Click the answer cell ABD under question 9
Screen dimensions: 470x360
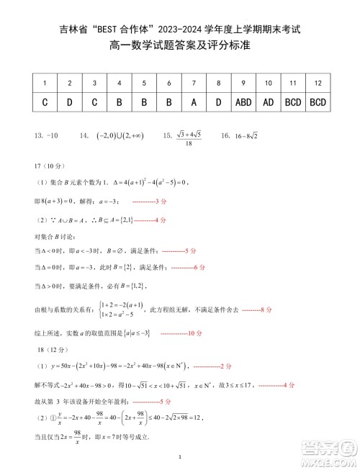[x=244, y=102]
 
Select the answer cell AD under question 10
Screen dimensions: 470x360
[x=269, y=102]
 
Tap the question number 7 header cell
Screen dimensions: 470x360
[x=194, y=83]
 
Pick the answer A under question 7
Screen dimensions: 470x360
[x=194, y=102]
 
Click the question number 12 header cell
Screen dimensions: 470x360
[x=318, y=83]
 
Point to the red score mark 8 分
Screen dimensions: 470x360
[x=257, y=309]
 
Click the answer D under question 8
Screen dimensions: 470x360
[x=219, y=102]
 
